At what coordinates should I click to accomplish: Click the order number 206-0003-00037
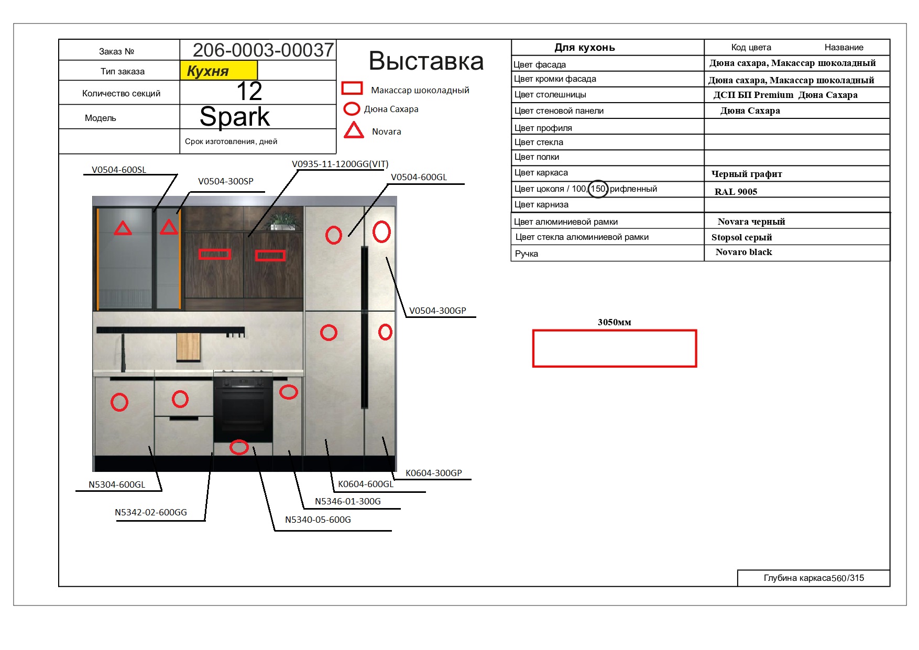pyautogui.click(x=263, y=50)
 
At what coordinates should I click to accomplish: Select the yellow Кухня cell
pyautogui.click(x=218, y=71)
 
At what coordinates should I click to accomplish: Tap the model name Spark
pyautogui.click(x=235, y=117)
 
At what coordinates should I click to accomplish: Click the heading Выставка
pyautogui.click(x=426, y=61)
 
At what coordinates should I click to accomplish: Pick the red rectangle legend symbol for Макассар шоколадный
pyautogui.click(x=352, y=88)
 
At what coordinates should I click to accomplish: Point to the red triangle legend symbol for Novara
pyautogui.click(x=354, y=130)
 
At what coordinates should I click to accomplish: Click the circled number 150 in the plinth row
pyautogui.click(x=598, y=189)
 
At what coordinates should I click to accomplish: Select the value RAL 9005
pyautogui.click(x=736, y=192)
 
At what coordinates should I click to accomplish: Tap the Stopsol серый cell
pyautogui.click(x=741, y=237)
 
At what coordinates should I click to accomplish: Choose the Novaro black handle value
pyautogui.click(x=743, y=252)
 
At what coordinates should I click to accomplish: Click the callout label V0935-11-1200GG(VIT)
pyautogui.click(x=340, y=164)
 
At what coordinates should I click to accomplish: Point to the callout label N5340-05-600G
pyautogui.click(x=318, y=520)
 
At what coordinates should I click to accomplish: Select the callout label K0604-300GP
pyautogui.click(x=434, y=473)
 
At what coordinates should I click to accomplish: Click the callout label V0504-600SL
pyautogui.click(x=119, y=170)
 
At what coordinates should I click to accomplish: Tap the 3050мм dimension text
pyautogui.click(x=614, y=322)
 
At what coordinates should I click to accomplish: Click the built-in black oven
pyautogui.click(x=243, y=409)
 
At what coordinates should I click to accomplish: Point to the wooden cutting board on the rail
pyautogui.click(x=189, y=347)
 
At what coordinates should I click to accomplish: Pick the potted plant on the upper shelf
pyautogui.click(x=283, y=221)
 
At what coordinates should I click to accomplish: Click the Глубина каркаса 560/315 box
pyautogui.click(x=814, y=578)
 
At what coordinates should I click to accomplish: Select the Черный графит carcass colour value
pyautogui.click(x=747, y=174)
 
